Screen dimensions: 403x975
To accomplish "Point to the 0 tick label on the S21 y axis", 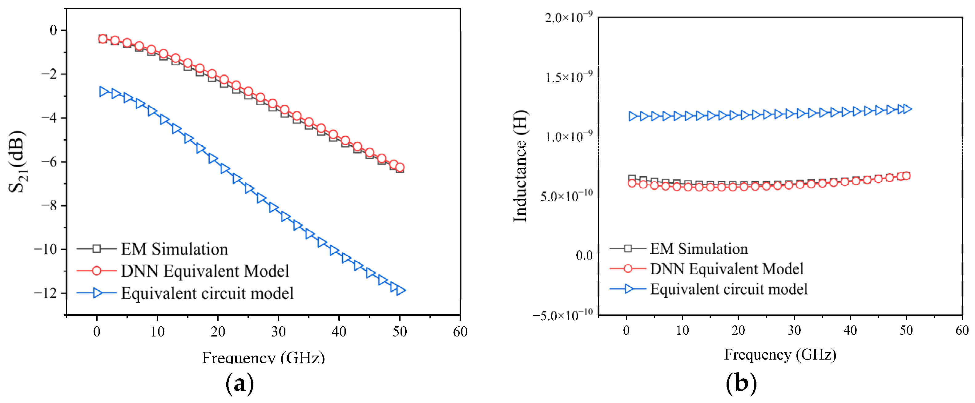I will point(53,30).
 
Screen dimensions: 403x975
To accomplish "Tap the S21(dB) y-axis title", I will point(17,162).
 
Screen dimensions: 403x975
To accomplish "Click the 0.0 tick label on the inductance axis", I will point(584,256).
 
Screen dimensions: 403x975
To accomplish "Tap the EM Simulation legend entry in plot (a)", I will point(175,249).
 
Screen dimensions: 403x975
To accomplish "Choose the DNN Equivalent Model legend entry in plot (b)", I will point(726,269).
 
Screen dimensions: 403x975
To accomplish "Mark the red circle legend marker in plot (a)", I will point(97,271).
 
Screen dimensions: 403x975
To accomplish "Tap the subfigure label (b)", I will point(741,383).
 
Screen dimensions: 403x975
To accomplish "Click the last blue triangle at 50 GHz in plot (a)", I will point(401,290).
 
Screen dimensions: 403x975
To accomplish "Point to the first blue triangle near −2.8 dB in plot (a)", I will point(103,91).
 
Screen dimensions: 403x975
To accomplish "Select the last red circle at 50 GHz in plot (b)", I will point(906,175).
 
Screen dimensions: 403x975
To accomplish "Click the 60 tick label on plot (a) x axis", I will point(460,332).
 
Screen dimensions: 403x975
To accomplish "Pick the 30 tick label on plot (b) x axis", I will point(794,330).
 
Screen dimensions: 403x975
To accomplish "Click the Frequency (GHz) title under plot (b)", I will point(780,355).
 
